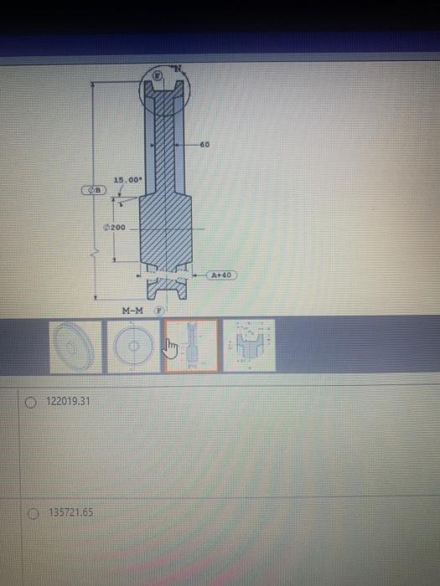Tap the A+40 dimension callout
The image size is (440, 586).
[x=222, y=274]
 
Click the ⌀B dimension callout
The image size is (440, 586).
[x=94, y=191]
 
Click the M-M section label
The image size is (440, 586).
[x=132, y=311]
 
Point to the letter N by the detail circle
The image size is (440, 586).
[x=176, y=68]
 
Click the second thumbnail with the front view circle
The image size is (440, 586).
[x=132, y=347]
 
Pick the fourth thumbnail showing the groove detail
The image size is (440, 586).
[x=249, y=345]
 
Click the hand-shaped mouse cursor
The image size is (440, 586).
[x=172, y=347]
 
